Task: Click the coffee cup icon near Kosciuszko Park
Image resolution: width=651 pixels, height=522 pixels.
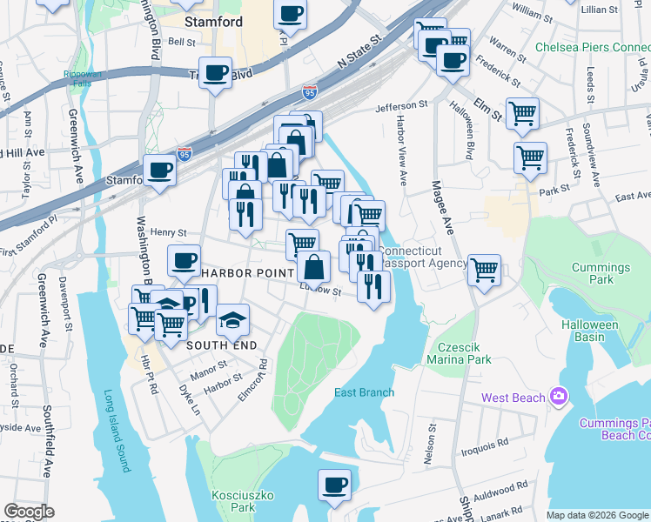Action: (x=333, y=484)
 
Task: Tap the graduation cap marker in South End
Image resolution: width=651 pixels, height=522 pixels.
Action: (x=232, y=321)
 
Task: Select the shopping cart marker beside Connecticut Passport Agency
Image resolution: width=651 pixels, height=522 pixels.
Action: (x=484, y=269)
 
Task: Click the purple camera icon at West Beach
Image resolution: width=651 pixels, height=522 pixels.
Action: (x=559, y=398)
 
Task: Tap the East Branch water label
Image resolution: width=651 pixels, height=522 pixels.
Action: (x=365, y=392)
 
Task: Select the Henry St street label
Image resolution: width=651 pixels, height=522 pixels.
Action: (x=169, y=232)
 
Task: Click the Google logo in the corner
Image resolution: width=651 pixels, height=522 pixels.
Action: (x=30, y=512)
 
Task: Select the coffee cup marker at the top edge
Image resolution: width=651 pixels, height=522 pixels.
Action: (x=290, y=14)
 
